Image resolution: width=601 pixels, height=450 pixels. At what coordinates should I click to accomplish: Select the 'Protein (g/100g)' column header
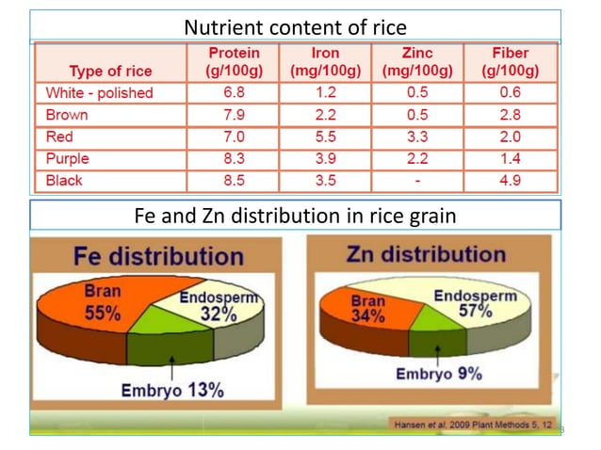click(233, 62)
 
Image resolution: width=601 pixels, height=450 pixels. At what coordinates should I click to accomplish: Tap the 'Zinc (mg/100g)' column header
click(417, 62)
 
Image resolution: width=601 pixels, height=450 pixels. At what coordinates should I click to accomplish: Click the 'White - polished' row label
click(99, 93)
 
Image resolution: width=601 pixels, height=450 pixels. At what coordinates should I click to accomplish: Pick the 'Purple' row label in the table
click(67, 158)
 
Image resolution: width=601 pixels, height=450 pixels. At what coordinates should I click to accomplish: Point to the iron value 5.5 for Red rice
click(325, 137)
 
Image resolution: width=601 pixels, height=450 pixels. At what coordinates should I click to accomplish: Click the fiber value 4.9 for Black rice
click(510, 180)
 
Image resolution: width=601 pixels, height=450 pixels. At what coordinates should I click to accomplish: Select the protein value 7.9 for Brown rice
click(233, 115)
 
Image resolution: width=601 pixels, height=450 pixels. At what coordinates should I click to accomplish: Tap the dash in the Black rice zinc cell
click(417, 180)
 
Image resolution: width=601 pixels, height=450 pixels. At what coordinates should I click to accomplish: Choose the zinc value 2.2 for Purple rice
click(417, 158)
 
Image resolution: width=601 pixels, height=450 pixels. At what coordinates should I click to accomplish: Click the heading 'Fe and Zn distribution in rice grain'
click(296, 216)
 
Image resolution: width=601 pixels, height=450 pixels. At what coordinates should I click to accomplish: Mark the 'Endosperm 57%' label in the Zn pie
click(475, 303)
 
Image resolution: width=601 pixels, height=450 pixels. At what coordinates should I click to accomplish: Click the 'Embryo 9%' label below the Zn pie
click(438, 373)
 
